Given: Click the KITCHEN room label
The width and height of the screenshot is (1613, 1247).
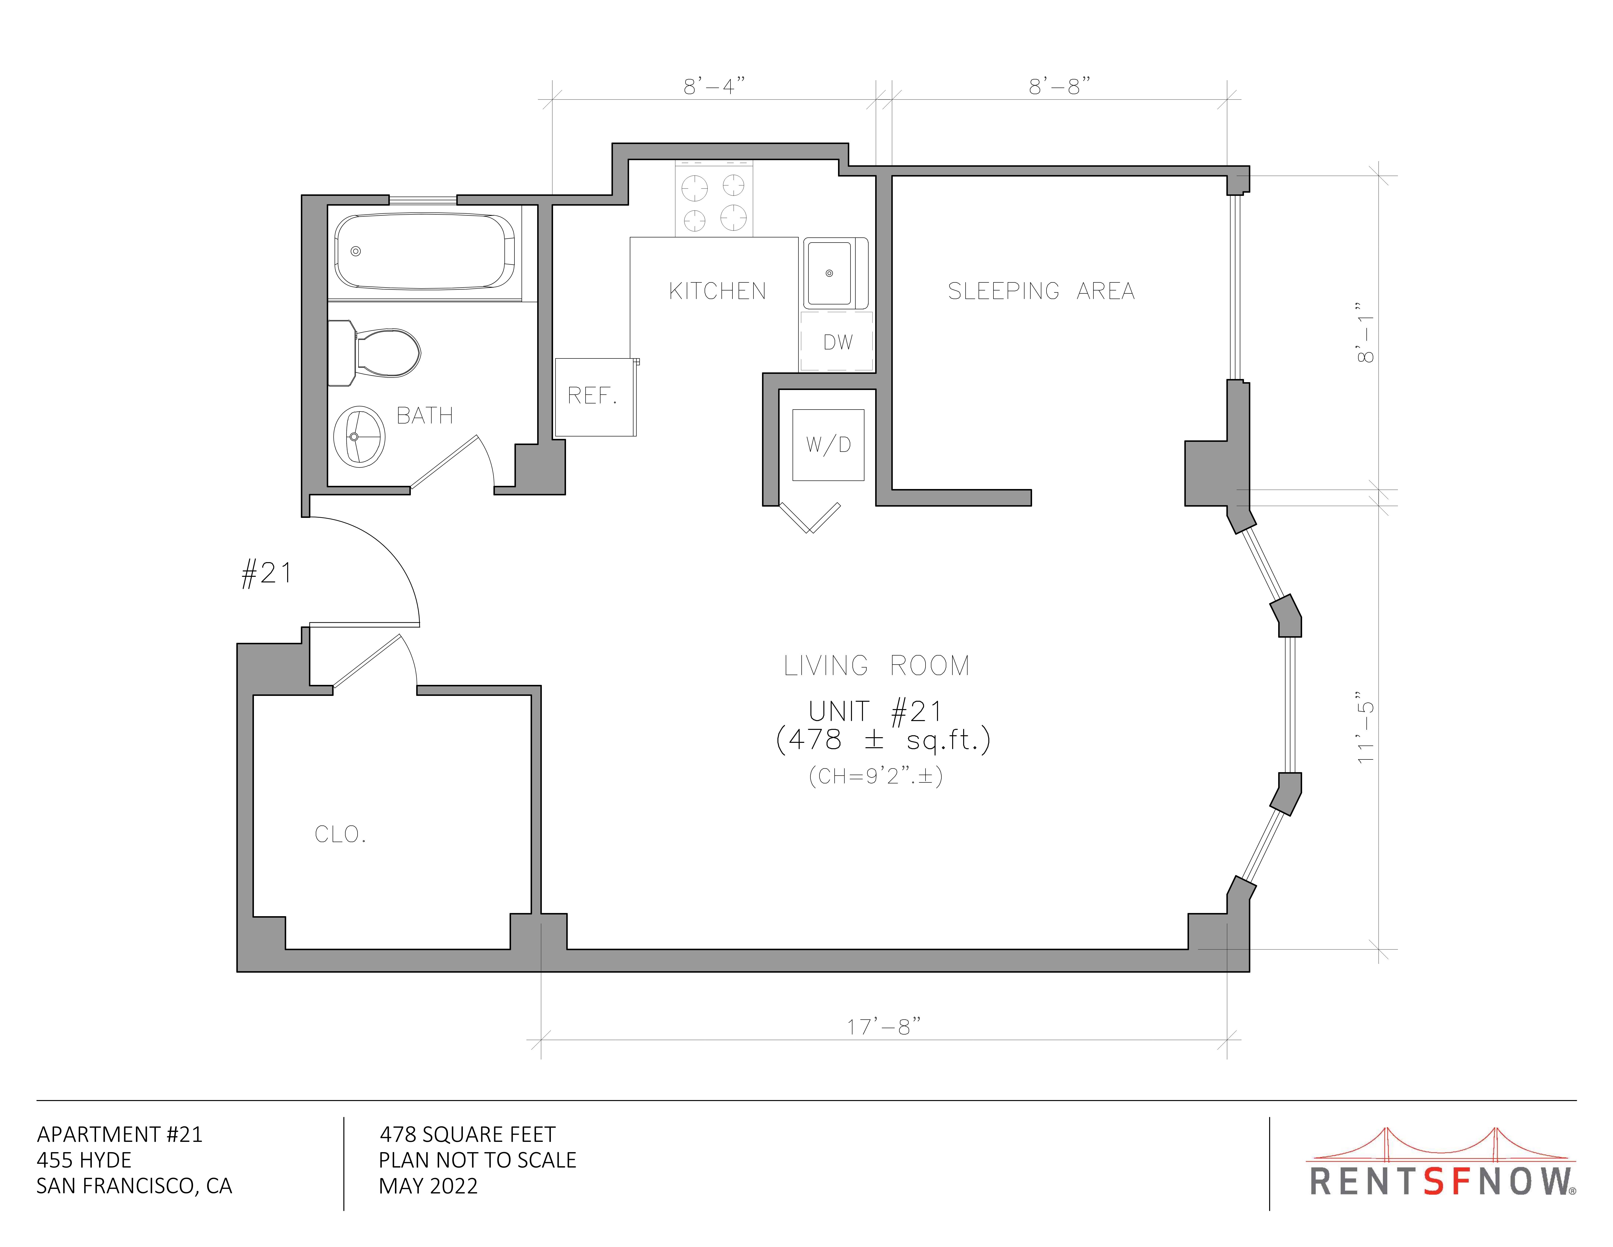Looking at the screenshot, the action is tap(717, 291).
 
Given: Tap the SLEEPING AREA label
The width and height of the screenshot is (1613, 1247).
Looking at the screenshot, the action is tap(1041, 291).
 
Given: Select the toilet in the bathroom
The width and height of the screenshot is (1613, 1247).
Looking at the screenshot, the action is tap(374, 353).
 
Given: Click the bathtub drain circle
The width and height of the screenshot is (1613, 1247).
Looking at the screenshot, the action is tap(355, 251).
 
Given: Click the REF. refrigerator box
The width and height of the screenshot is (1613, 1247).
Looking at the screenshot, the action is tap(595, 397).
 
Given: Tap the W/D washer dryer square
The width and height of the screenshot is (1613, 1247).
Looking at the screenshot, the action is tap(828, 445).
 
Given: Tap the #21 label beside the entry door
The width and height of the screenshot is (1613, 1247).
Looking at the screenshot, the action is tap(267, 573).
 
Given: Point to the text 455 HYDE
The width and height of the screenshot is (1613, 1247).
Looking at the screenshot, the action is tap(84, 1160).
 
